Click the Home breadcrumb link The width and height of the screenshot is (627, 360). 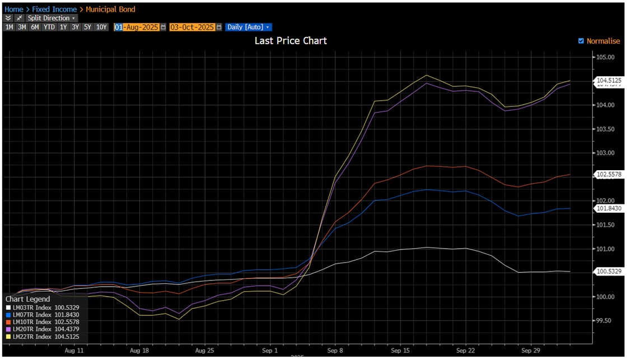13,9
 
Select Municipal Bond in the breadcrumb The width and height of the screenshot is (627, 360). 110,9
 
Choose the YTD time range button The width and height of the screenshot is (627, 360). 49,27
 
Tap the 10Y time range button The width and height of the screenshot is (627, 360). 101,27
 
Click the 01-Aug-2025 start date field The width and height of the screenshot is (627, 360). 137,27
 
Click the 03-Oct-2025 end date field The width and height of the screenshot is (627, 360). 192,27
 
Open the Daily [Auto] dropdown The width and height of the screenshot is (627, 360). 248,27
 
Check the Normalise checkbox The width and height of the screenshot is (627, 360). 581,41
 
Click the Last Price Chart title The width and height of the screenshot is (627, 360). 291,40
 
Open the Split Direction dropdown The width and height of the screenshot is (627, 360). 51,18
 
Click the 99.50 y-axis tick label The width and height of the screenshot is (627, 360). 605,320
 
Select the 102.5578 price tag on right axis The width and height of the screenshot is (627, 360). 608,174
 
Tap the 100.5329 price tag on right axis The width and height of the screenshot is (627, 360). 608,272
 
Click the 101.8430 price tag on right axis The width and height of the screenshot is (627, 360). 608,208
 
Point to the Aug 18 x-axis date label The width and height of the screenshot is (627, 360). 139,350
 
